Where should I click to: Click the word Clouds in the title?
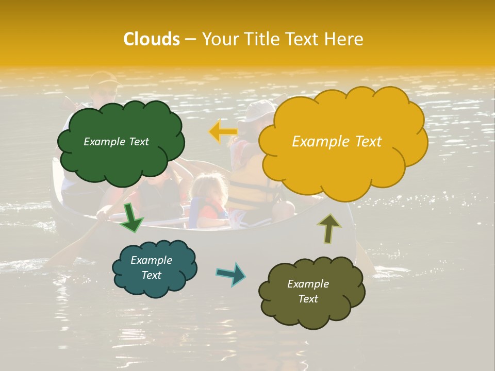point(151,39)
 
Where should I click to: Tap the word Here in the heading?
point(345,39)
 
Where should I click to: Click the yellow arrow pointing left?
point(223,131)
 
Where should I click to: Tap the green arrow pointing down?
point(132,218)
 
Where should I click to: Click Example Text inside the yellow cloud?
point(337,142)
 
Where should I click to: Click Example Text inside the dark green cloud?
point(116,142)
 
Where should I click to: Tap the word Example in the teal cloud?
point(151,260)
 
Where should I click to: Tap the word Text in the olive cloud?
point(308,299)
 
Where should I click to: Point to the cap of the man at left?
point(103,78)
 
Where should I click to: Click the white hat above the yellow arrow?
point(258,110)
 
